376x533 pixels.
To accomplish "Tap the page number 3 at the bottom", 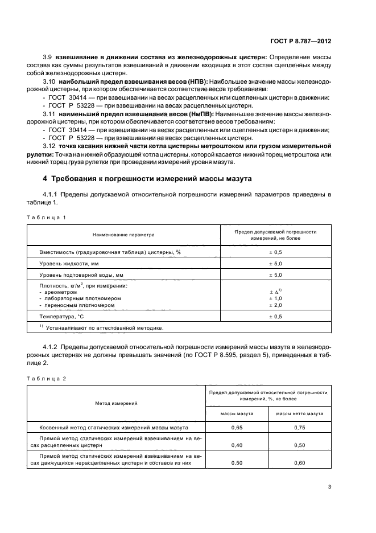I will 329,486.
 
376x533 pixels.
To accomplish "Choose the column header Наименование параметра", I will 123,235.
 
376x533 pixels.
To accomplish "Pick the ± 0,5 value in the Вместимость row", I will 275,252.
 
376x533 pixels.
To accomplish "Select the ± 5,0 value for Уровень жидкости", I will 275,264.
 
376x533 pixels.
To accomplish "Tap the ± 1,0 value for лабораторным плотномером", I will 275,298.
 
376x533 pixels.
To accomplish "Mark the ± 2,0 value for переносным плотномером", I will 275,305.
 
